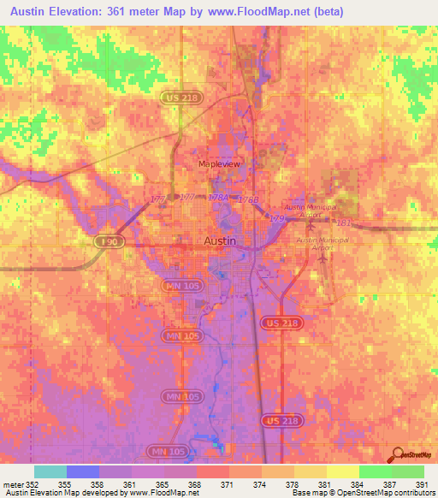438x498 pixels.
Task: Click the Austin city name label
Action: [x=219, y=241]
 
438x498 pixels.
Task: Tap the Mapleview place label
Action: [x=215, y=163]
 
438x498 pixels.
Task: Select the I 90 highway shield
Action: [x=106, y=243]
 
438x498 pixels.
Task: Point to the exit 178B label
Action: [x=247, y=199]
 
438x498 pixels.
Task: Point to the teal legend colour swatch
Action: [x=50, y=471]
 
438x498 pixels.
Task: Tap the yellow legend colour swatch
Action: [x=342, y=471]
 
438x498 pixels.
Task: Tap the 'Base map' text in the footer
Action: [x=309, y=493]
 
